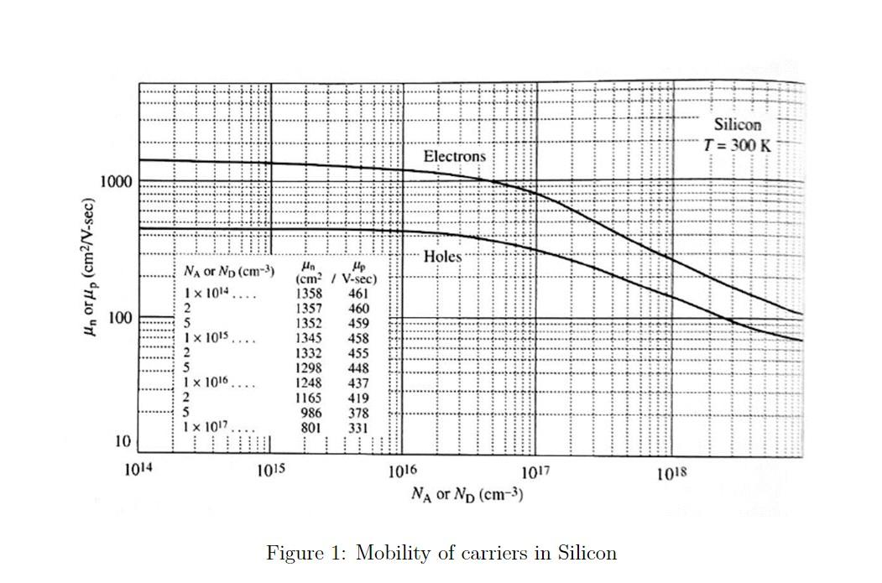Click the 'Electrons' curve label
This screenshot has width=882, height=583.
click(x=454, y=156)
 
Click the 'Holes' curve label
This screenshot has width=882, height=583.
click(x=442, y=257)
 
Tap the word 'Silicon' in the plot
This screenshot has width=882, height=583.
click(x=738, y=124)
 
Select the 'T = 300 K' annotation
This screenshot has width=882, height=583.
click(x=738, y=144)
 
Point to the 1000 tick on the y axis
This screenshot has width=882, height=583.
click(x=115, y=181)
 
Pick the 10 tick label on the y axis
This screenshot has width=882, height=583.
click(x=123, y=441)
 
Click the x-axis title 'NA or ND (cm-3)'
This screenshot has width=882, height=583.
click(x=467, y=493)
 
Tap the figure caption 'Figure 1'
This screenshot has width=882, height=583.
click(x=441, y=554)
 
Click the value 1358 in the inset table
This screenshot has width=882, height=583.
click(x=310, y=294)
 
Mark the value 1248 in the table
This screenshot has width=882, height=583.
click(x=310, y=383)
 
